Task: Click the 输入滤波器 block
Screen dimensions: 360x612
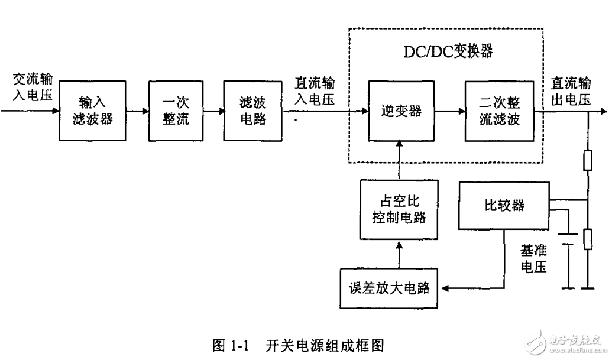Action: pyautogui.click(x=93, y=111)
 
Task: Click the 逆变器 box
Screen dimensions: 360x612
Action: pyautogui.click(x=401, y=111)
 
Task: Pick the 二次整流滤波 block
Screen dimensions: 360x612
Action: pyautogui.click(x=499, y=111)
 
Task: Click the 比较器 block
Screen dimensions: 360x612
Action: pyautogui.click(x=504, y=205)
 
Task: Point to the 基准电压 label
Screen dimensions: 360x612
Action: pyautogui.click(x=533, y=259)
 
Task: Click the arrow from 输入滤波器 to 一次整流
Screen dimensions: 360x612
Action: pyautogui.click(x=138, y=111)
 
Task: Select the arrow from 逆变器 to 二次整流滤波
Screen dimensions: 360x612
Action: pyautogui.click(x=449, y=111)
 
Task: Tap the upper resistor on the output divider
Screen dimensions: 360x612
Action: pyautogui.click(x=587, y=160)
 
